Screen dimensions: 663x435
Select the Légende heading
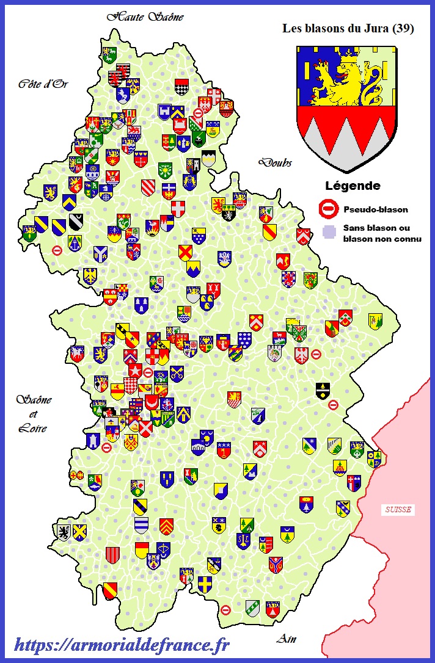pos(353,186)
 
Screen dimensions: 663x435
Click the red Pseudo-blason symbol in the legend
pos(329,209)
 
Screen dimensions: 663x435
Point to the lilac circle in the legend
pos(329,232)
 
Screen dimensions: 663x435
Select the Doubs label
pos(275,162)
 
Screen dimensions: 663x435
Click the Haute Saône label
pos(145,17)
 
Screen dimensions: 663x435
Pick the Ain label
pos(286,639)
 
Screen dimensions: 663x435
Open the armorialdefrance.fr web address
pos(122,644)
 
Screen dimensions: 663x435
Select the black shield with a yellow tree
pos(323,389)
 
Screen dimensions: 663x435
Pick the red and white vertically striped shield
pos(112,554)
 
